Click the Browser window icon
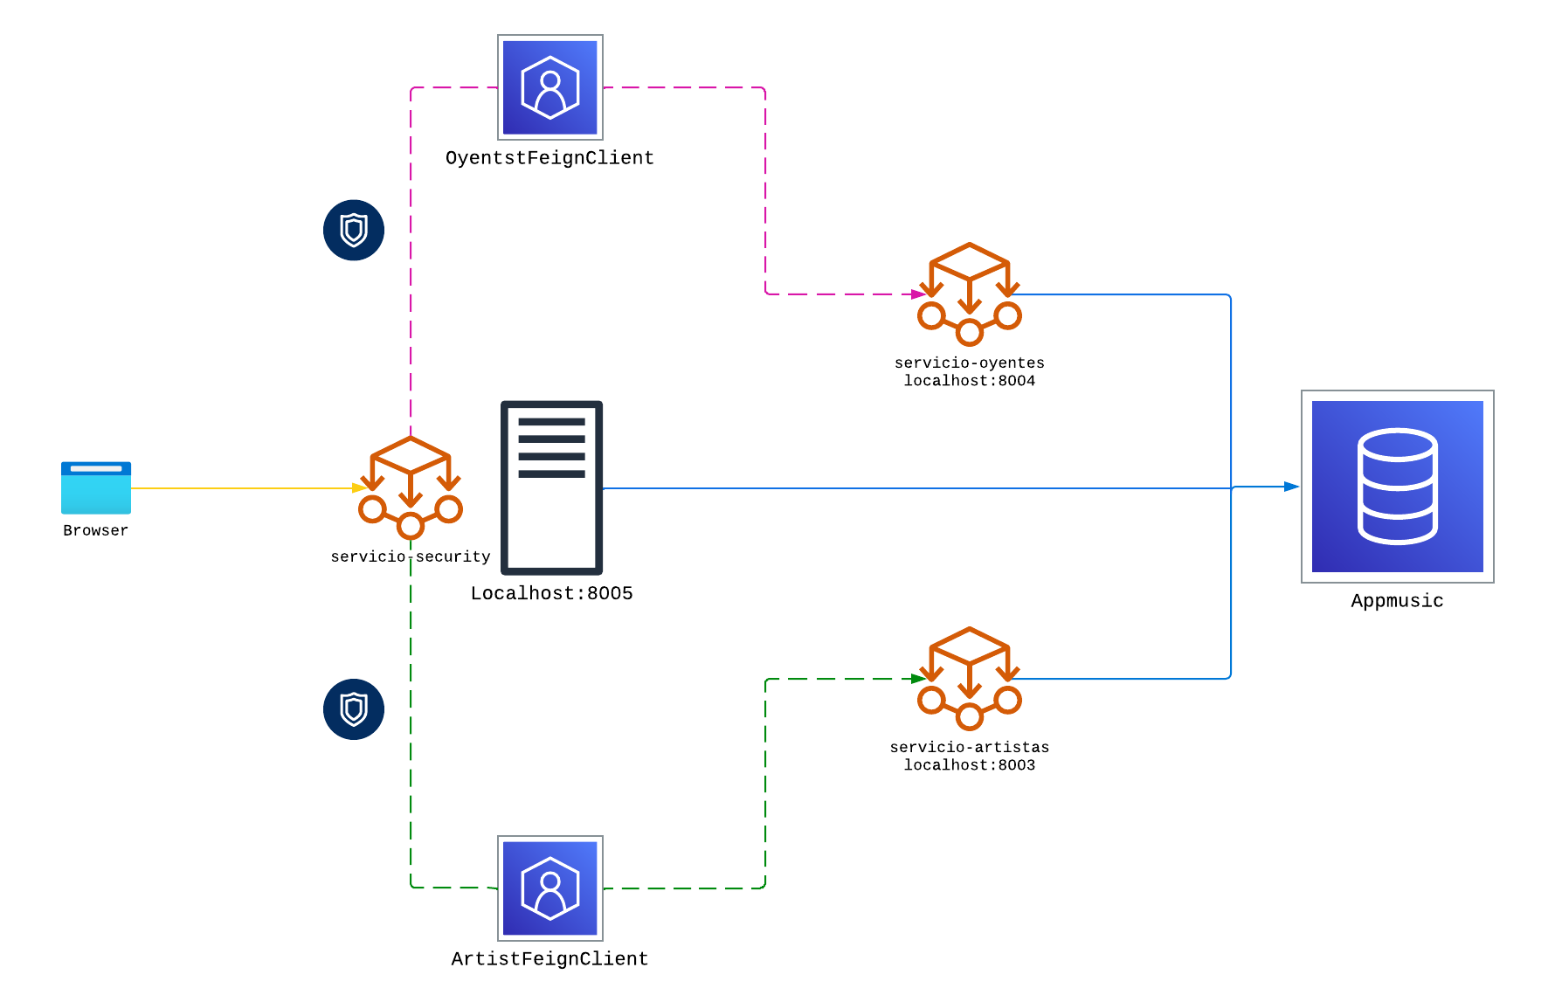96,487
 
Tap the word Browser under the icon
96,530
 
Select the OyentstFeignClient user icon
550,87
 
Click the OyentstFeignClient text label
549,158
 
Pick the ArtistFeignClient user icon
550,888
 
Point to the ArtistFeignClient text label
549,959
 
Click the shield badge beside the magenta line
354,230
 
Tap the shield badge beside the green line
354,709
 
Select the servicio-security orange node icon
411,487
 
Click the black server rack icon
551,487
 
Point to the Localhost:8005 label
551,593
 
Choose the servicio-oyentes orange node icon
970,294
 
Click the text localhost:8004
970,381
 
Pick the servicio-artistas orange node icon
970,679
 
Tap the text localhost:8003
970,765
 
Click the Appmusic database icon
1398,487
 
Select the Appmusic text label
1397,601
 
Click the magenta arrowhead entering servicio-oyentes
918,294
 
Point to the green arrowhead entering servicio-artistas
918,679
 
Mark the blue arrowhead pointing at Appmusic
1291,487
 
